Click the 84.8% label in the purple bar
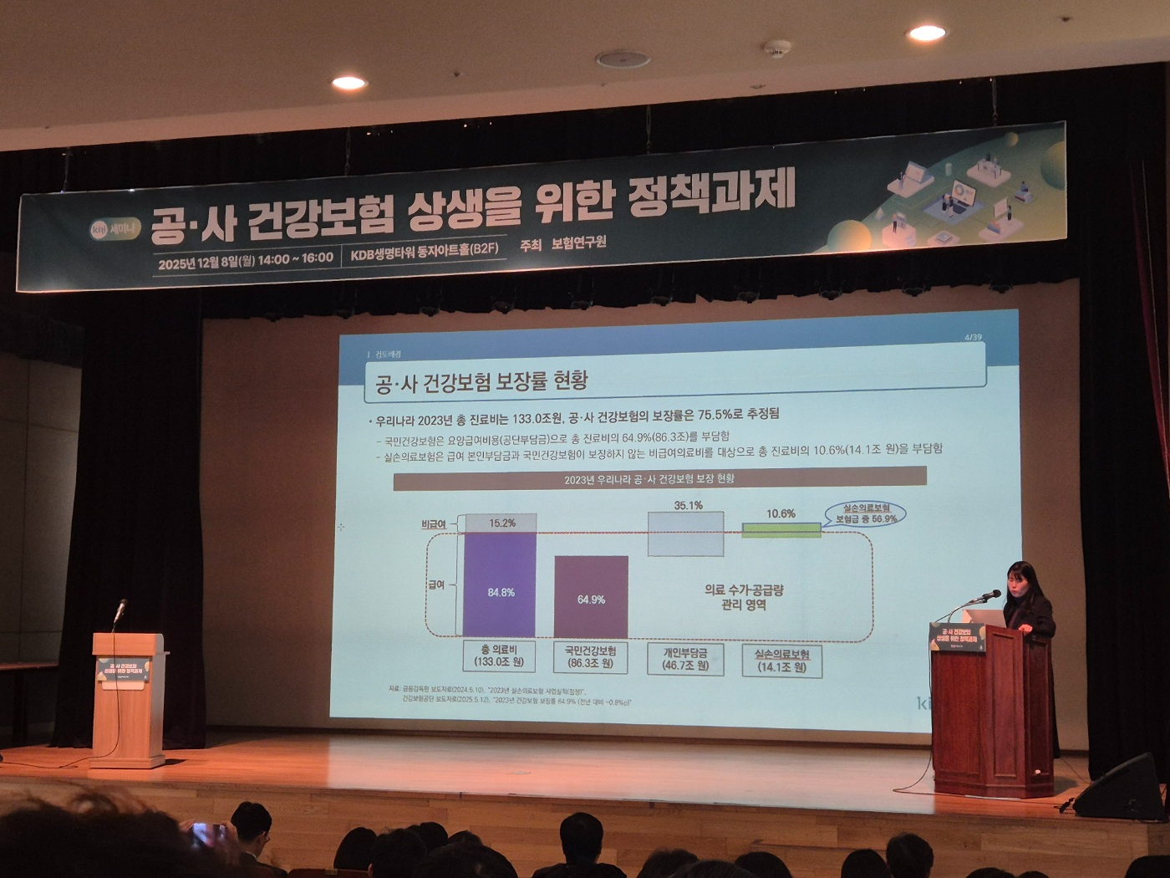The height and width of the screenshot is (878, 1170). tap(501, 592)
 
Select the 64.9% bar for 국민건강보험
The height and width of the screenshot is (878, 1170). tap(591, 597)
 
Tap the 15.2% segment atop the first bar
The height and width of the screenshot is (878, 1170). tap(501, 523)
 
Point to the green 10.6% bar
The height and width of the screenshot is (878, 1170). tap(781, 529)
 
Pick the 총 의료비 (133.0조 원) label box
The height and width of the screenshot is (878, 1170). tap(499, 656)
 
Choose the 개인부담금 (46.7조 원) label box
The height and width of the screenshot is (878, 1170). tap(686, 658)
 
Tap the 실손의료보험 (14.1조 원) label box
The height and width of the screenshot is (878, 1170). tap(782, 661)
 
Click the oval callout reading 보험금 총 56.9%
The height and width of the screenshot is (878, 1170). tap(866, 513)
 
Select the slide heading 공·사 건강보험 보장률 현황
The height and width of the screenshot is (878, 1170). tap(481, 382)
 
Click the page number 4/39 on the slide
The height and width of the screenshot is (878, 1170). tap(973, 338)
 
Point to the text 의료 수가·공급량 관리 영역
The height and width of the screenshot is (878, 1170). tap(744, 597)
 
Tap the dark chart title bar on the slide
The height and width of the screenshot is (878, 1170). tap(659, 478)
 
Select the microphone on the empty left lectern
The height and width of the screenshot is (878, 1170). tap(120, 610)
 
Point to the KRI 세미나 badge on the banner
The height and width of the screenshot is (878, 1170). tap(114, 228)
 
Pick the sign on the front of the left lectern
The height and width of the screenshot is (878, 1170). tap(125, 671)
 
